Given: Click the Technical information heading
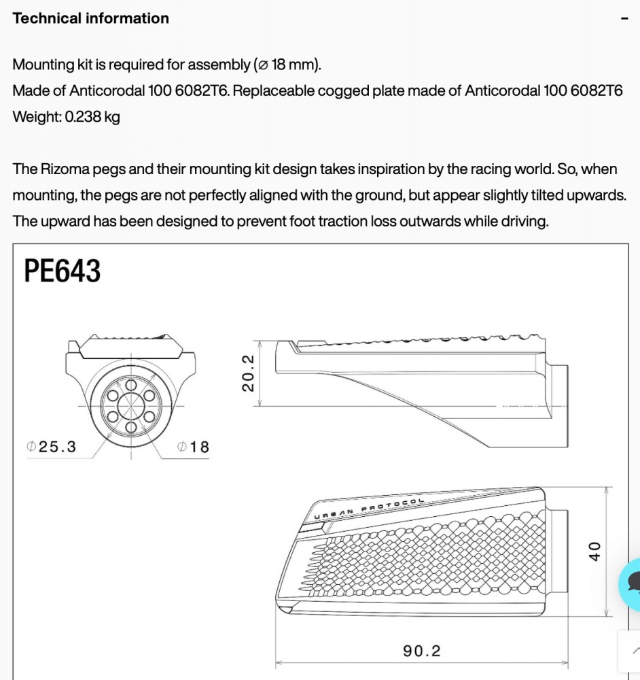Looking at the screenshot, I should tap(90, 19).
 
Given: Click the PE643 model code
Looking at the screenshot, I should tap(63, 271).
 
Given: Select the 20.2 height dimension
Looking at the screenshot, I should tap(248, 373).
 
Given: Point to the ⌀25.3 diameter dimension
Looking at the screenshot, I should tap(51, 447).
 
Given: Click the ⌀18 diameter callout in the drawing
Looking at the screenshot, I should tap(193, 447).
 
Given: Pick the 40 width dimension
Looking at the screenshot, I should tap(594, 551).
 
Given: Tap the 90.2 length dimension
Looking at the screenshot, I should tap(422, 651).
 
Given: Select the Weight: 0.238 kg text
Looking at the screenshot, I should tap(66, 117).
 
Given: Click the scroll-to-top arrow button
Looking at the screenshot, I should tap(633, 649).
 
